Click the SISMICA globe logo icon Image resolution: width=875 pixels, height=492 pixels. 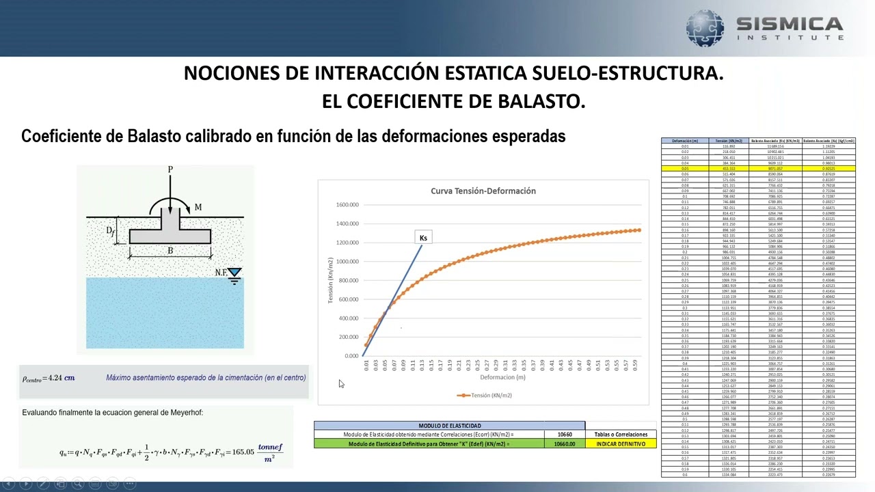(x=705, y=29)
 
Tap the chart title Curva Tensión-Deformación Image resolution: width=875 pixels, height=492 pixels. (x=483, y=191)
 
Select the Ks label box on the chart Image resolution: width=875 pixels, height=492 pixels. (x=423, y=238)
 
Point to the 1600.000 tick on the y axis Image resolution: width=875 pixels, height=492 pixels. (x=347, y=205)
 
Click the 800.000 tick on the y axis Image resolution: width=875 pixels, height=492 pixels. (x=347, y=280)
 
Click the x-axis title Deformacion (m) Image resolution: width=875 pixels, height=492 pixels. (x=502, y=377)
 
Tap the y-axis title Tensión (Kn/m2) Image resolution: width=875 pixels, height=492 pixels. (x=330, y=280)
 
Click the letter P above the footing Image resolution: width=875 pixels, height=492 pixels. (x=170, y=169)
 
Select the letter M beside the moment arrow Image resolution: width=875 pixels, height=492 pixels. (x=198, y=208)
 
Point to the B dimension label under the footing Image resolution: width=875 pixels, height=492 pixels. (x=170, y=251)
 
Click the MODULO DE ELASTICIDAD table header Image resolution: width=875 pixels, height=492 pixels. (x=449, y=426)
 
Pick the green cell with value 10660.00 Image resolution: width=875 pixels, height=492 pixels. (x=565, y=443)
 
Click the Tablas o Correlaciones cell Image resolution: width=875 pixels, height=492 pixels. (x=620, y=435)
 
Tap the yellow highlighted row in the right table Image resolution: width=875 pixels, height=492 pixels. (x=758, y=168)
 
